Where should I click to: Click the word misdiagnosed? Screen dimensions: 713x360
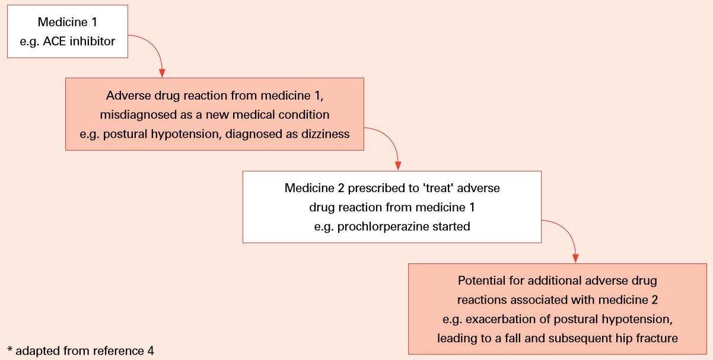tap(138, 114)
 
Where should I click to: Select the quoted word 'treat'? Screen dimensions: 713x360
tap(438, 188)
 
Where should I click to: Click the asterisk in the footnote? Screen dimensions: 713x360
tap(10, 349)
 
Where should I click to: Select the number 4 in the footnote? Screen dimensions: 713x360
tap(151, 351)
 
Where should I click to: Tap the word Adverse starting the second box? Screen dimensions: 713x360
tap(128, 96)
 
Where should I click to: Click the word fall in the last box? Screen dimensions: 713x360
tap(513, 339)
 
